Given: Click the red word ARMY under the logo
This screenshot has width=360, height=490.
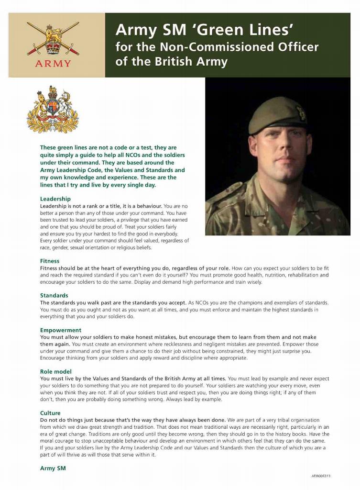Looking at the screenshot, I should pyautogui.click(x=53, y=64).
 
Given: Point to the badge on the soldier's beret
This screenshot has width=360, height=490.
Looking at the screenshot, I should pyautogui.click(x=301, y=113).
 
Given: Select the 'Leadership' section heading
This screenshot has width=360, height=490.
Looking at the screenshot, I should pyautogui.click(x=55, y=199).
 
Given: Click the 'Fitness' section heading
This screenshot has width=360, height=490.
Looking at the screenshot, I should pyautogui.click(x=50, y=261).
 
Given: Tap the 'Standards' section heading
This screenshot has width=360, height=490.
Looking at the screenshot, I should pyautogui.click(x=54, y=295).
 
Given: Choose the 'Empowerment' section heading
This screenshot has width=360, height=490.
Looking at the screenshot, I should pyautogui.click(x=61, y=330).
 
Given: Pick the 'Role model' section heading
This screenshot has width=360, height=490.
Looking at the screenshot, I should pyautogui.click(x=56, y=371).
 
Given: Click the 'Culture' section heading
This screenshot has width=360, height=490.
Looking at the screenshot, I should pyautogui.click(x=50, y=413).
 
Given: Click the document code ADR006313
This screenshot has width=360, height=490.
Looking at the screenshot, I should pyautogui.click(x=321, y=476).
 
